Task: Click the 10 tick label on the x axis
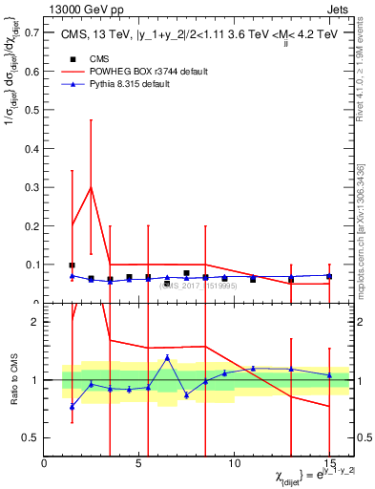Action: coord(234,463)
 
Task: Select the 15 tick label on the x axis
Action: coord(329,463)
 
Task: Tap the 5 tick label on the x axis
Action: coord(139,463)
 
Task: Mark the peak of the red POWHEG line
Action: coord(91,187)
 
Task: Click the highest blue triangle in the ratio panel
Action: coord(167,357)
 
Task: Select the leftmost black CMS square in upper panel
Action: coord(73,266)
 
